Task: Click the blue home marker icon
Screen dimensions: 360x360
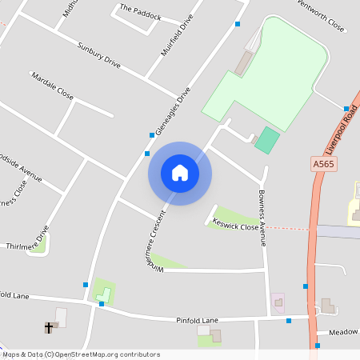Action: click(180, 173)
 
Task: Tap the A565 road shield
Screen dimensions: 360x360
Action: click(322, 164)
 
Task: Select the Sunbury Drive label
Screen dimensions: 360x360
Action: click(98, 54)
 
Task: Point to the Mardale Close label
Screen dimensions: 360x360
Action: click(52, 86)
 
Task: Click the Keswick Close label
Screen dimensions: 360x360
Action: click(234, 225)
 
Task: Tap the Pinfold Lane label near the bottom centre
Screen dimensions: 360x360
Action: click(197, 320)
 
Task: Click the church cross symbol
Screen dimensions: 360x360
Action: click(49, 327)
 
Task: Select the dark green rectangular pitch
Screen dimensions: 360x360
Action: click(267, 141)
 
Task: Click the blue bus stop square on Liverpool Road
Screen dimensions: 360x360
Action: click(346, 109)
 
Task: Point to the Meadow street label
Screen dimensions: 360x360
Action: click(343, 331)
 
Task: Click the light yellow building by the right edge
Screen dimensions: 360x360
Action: click(354, 203)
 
